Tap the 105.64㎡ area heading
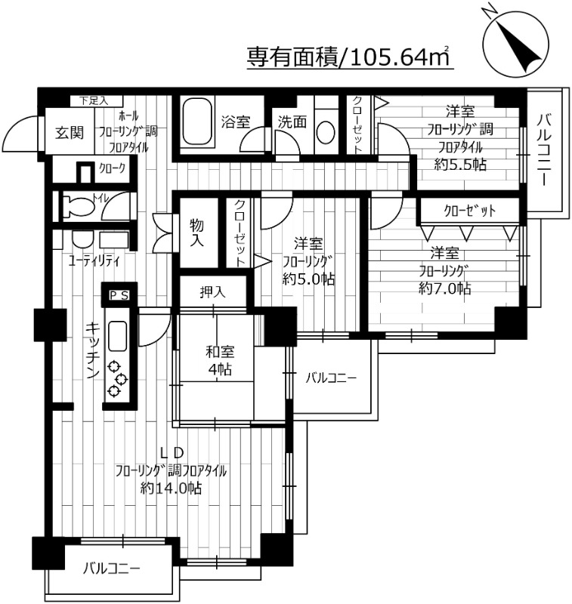[x=350, y=56]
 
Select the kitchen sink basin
[x=118, y=336]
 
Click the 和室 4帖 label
[x=219, y=360]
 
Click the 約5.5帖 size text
[x=460, y=165]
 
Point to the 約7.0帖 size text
[x=445, y=288]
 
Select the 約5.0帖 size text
[x=309, y=279]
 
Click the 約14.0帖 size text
[x=171, y=488]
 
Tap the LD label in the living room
[x=172, y=452]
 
